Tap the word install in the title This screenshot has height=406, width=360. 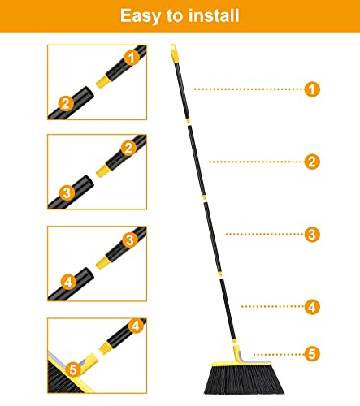tap(217, 15)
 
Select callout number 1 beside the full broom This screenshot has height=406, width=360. tap(312, 89)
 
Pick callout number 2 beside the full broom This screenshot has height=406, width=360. tap(312, 162)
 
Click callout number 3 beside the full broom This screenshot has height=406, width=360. tap(312, 234)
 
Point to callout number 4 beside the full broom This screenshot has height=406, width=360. tap(312, 307)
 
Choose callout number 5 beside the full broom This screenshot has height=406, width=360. tap(312, 353)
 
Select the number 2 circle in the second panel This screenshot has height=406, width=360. tap(128, 148)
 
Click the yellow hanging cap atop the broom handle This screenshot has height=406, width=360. tap(174, 54)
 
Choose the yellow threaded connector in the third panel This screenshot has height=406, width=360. tap(106, 260)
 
